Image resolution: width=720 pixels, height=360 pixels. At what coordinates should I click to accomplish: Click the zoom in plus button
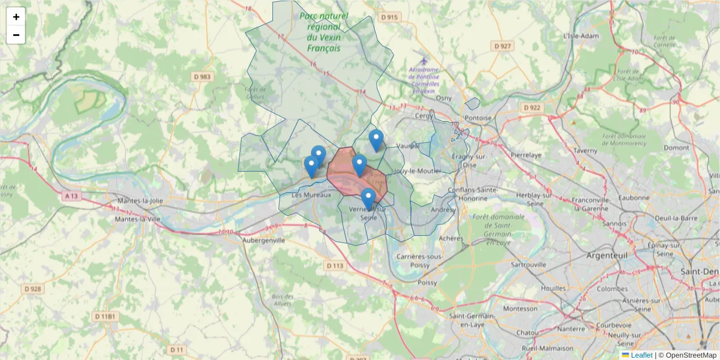16,17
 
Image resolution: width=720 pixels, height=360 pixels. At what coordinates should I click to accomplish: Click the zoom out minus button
16,35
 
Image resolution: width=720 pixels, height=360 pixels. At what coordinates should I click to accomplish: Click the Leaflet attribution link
641,355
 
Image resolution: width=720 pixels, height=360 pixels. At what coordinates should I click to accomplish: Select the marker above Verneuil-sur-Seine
368,199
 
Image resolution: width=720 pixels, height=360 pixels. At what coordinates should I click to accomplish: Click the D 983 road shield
203,77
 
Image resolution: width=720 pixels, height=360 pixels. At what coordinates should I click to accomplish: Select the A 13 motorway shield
71,196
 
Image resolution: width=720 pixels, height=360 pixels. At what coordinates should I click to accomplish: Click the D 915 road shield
389,17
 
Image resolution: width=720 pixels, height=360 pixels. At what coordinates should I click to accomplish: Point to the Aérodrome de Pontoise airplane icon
424,61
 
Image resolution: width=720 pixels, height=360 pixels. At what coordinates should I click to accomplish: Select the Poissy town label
427,282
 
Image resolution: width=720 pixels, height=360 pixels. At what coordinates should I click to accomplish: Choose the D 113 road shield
335,265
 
